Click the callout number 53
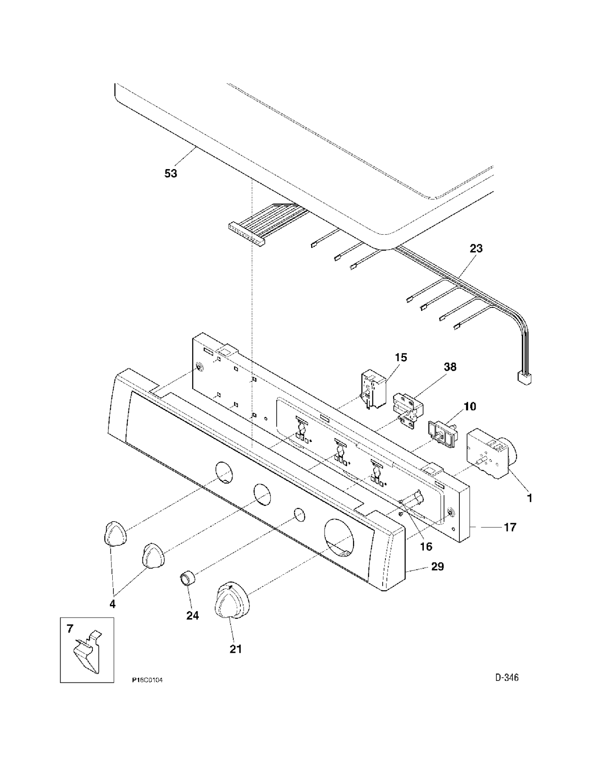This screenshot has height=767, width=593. (x=171, y=173)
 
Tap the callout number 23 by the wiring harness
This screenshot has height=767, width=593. (x=476, y=249)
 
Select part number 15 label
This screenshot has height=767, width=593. (x=400, y=358)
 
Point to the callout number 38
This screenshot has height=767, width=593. (x=450, y=367)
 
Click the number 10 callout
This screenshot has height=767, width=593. (x=470, y=406)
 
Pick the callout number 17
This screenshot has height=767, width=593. (x=510, y=527)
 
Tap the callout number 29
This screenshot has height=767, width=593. (x=438, y=567)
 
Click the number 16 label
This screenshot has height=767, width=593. (x=426, y=547)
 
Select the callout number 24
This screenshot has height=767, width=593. (x=193, y=616)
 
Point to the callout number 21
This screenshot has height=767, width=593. (x=236, y=649)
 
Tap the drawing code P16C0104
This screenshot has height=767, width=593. (x=147, y=680)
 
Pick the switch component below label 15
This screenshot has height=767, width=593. (x=374, y=389)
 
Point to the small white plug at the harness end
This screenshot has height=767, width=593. (x=525, y=378)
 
